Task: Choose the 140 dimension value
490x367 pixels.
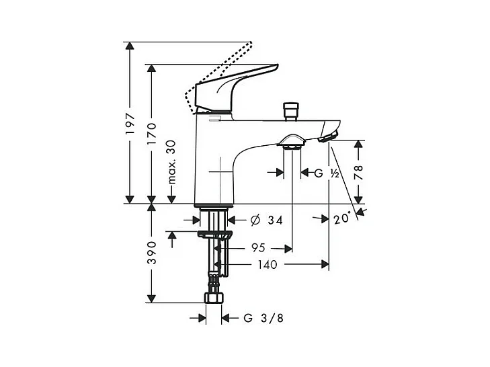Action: coord(268,264)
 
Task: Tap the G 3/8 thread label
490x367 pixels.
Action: coord(258,317)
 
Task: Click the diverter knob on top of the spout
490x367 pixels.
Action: coord(291,110)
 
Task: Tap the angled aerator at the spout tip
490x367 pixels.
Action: coord(327,137)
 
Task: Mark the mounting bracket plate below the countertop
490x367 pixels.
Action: coord(214,235)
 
